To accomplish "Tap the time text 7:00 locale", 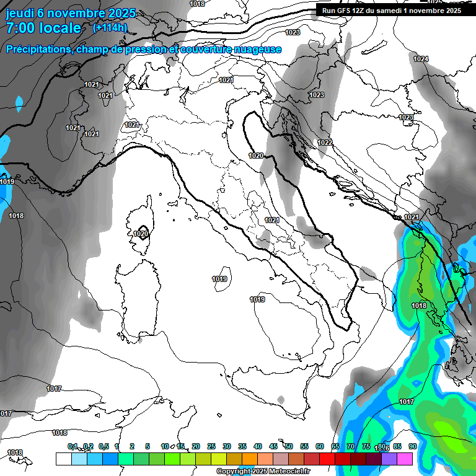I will pyautogui.click(x=43, y=28).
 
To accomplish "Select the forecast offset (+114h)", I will pyautogui.click(x=110, y=27).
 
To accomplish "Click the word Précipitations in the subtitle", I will pyautogui.click(x=38, y=50).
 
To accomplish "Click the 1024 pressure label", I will pyautogui.click(x=421, y=59).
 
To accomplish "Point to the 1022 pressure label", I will pyautogui.click(x=325, y=143).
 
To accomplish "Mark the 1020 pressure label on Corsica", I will pyautogui.click(x=141, y=234).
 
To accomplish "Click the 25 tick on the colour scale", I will pyautogui.click(x=211, y=446).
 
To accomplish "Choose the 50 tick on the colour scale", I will pyautogui.click(x=289, y=446).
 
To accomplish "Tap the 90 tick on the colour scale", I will pyautogui.click(x=412, y=446).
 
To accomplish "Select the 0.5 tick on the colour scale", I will pyautogui.click(x=103, y=446).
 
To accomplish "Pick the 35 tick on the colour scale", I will pyautogui.click(x=242, y=446).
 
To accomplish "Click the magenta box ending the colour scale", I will pyautogui.click(x=405, y=459).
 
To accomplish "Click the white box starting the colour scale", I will pyautogui.click(x=63, y=459).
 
